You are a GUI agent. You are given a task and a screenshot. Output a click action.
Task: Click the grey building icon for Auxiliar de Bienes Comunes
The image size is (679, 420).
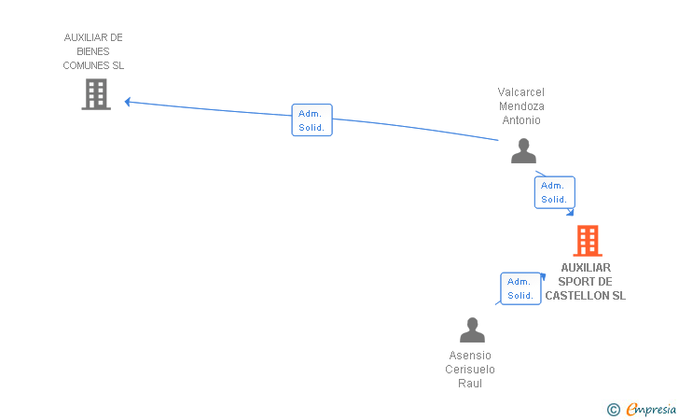[x=96, y=94]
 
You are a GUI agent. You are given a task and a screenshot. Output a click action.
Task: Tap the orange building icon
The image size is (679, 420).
[x=587, y=241]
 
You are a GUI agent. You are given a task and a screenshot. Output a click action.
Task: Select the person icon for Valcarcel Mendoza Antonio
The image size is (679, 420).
[x=523, y=151]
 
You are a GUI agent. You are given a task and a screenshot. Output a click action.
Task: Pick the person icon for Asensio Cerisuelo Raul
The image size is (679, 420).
[x=472, y=330]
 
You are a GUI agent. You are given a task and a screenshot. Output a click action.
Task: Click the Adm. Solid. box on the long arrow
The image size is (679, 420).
[x=312, y=120]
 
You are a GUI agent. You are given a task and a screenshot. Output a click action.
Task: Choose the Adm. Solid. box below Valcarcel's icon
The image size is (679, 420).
[x=554, y=192]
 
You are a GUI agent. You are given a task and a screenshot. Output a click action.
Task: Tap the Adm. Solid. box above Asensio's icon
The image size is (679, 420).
[x=520, y=288]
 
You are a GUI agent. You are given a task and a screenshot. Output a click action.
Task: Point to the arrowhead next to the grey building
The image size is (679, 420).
[x=129, y=102]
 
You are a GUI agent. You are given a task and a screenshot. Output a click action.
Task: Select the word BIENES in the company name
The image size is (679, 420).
[x=93, y=51]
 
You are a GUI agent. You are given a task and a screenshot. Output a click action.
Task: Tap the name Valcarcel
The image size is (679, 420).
[x=521, y=91]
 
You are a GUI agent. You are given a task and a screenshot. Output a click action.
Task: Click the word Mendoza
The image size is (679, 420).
[x=521, y=105]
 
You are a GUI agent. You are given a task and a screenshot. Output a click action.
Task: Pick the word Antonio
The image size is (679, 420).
[x=521, y=119]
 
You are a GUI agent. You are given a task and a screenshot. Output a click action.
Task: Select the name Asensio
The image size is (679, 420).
[x=470, y=355]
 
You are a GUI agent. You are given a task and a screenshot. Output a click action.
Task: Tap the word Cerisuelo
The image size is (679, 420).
[x=470, y=369]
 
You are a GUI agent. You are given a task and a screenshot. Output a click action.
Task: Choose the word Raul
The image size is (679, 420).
[x=470, y=383]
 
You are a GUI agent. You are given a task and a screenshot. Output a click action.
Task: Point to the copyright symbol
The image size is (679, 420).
[x=613, y=409]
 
